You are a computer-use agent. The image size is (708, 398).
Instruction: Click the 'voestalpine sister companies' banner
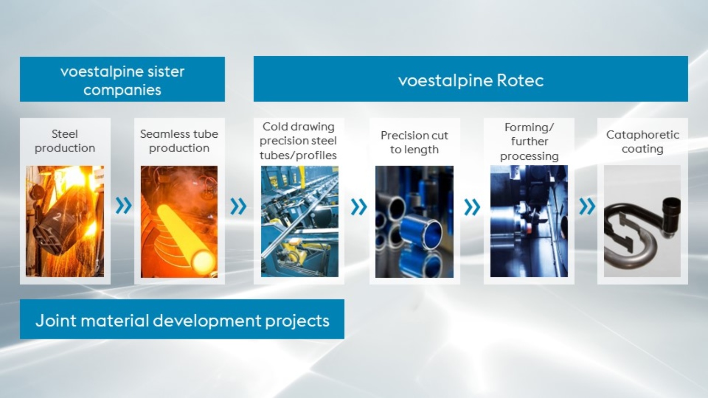(122, 80)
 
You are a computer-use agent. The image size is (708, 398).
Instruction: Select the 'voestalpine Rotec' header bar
(471, 80)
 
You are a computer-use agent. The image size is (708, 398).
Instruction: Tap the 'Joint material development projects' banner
(182, 320)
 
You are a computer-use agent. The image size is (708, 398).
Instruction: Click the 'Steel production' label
(65, 141)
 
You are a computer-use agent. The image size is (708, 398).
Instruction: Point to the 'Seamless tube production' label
(179, 141)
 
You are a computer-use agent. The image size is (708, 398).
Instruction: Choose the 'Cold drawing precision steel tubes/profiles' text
(298, 141)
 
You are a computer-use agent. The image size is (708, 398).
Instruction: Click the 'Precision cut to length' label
(414, 142)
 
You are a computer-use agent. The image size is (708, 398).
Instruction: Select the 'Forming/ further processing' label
(529, 141)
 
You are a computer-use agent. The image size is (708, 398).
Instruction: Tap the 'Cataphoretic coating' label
(642, 142)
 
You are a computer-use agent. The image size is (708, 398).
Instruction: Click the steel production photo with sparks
(65, 221)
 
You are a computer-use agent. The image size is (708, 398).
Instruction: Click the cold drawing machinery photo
(300, 221)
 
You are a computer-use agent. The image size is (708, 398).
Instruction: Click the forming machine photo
(529, 221)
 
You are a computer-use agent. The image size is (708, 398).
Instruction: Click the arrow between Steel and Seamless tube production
(123, 205)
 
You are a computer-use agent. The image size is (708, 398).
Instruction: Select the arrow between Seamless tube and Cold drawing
(238, 206)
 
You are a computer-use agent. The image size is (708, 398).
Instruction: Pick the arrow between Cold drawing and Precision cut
(359, 207)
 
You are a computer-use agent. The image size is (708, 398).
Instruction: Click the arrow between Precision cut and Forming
(472, 207)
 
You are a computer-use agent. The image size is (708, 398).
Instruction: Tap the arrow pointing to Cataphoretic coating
(587, 206)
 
